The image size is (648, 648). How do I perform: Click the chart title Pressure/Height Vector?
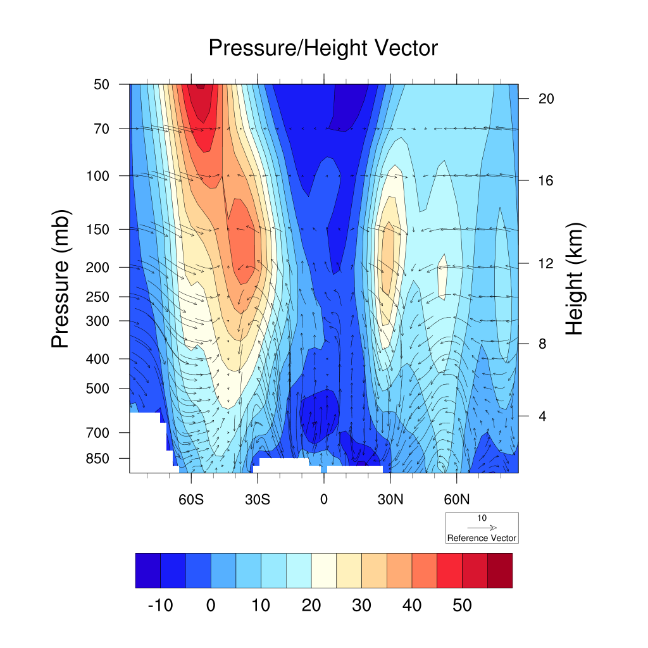(x=323, y=48)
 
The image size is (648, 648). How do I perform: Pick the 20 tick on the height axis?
(x=546, y=99)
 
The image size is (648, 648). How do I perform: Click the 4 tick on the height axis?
(x=542, y=416)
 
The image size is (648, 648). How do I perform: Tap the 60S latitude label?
(x=190, y=499)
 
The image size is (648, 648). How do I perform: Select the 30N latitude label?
(x=390, y=499)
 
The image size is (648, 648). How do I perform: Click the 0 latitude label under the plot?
(x=324, y=499)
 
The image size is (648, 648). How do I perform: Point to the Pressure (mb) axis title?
(x=60, y=278)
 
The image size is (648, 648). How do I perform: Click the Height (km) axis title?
(x=575, y=278)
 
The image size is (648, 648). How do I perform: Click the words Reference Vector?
(x=482, y=539)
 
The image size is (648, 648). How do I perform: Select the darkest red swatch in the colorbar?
(x=500, y=570)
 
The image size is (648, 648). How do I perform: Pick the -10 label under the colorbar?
(x=160, y=606)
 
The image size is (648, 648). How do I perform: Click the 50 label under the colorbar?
(x=462, y=606)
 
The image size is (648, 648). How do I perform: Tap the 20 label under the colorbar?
(x=311, y=606)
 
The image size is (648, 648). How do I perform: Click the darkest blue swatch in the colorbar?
(x=148, y=570)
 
